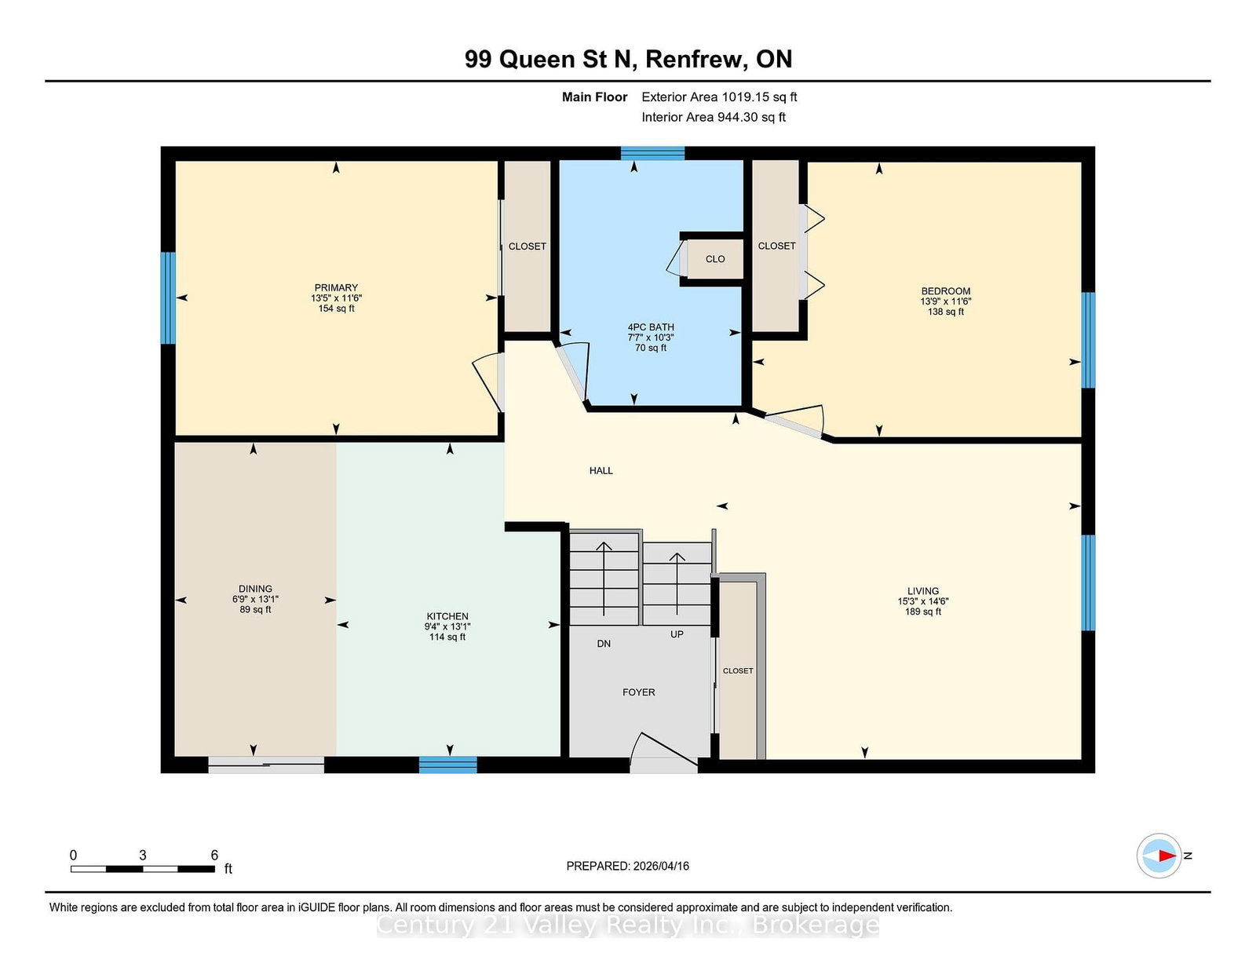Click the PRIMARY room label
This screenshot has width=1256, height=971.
pos(336,287)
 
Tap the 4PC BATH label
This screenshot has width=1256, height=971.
pos(651,327)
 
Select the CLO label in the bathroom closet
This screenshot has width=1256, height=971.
pos(715,259)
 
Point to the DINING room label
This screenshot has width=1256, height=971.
pos(255,589)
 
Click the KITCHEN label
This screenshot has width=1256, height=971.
pos(447,616)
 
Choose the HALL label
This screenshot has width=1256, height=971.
pos(601,470)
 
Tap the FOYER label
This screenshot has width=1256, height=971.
pos(639,692)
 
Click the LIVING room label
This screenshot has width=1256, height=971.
pos(923,591)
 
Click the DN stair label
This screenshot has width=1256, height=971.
pos(604,644)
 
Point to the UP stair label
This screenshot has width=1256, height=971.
pos(677,634)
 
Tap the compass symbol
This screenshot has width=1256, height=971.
pos(1159,856)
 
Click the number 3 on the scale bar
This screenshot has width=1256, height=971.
pos(143,855)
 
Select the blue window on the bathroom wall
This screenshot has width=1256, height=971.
pos(652,153)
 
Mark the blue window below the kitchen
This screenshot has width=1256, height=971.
pos(448,765)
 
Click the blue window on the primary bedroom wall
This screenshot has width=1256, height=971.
pos(168,298)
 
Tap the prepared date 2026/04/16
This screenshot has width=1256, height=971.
pos(661,866)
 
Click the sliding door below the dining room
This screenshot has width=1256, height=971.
pos(266,765)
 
